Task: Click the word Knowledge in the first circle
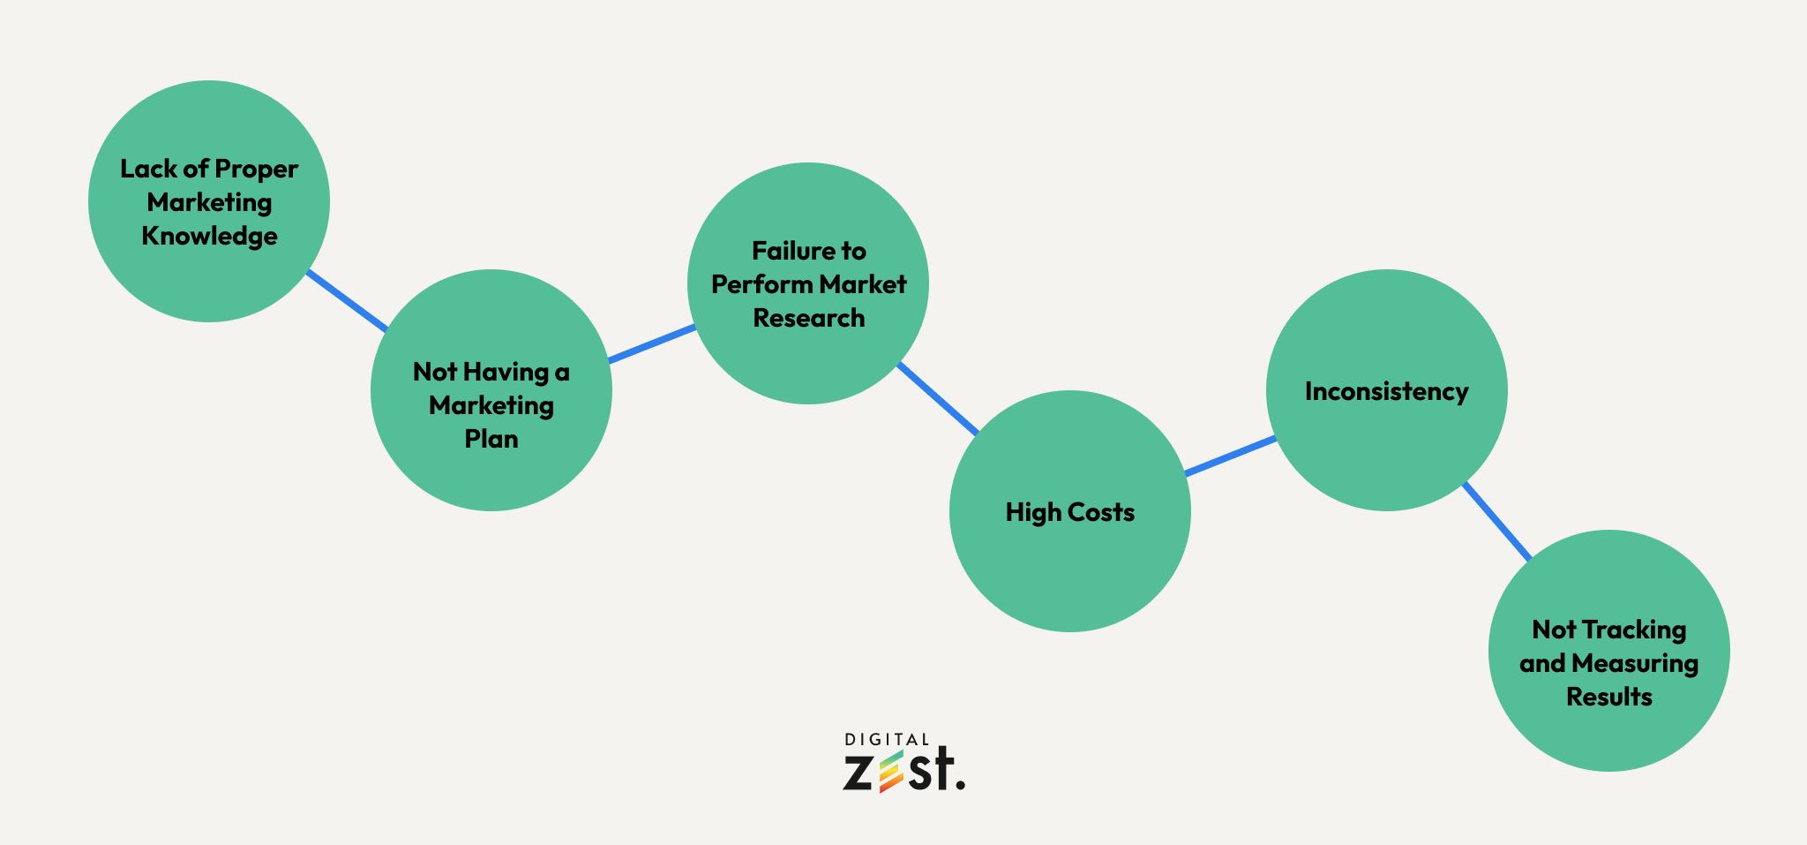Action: click(209, 236)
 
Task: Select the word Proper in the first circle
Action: click(256, 168)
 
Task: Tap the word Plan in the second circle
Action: click(491, 439)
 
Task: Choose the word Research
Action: click(808, 318)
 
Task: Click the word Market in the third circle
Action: click(862, 284)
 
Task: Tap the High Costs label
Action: click(1069, 512)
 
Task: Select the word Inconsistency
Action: click(1386, 391)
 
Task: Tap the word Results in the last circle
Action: click(1608, 697)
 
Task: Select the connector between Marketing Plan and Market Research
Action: click(651, 343)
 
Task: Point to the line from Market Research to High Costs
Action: click(937, 398)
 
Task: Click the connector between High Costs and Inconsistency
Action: click(1230, 456)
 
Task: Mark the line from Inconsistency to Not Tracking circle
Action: click(1497, 522)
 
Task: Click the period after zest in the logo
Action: click(960, 784)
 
